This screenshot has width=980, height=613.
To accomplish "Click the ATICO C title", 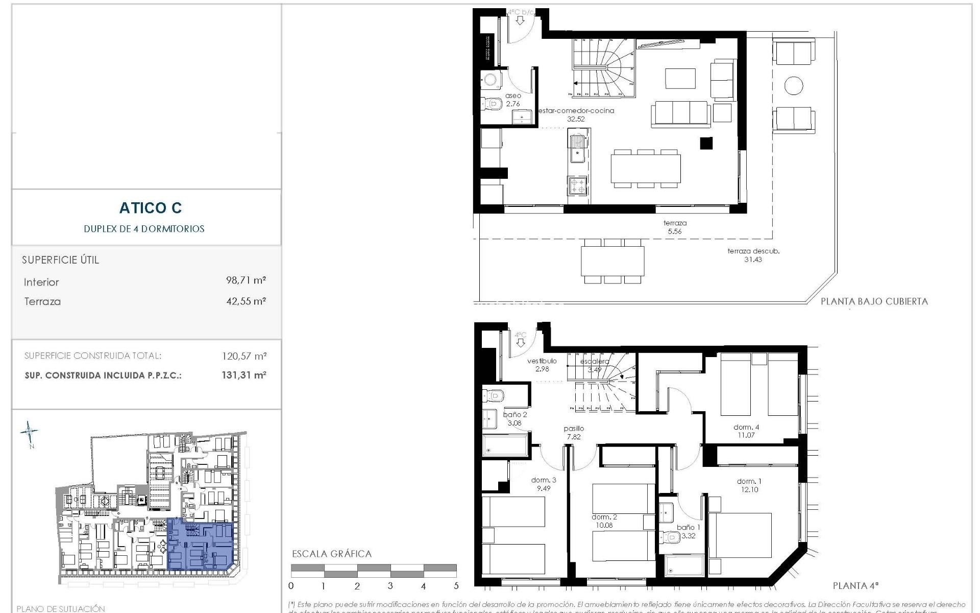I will click(150, 208).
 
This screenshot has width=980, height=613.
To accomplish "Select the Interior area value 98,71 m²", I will click(246, 280).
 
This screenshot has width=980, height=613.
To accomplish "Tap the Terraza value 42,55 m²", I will click(246, 301).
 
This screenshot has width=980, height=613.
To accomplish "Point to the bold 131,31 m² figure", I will click(244, 375).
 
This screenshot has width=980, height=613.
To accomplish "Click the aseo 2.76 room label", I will click(513, 100).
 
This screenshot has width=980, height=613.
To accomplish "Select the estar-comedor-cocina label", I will click(576, 111).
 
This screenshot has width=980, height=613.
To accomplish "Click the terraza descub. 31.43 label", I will click(753, 255).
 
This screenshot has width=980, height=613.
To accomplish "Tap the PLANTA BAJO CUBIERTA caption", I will click(874, 301).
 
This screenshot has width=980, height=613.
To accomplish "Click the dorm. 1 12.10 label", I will click(749, 485).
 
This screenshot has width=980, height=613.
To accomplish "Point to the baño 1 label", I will click(688, 527).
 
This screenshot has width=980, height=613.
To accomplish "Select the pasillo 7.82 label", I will click(573, 432).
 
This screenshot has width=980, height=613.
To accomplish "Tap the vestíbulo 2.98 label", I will click(542, 364).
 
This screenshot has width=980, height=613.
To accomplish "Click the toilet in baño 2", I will click(494, 395).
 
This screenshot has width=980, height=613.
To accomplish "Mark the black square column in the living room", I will click(706, 144).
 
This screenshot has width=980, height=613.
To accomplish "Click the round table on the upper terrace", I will click(793, 85).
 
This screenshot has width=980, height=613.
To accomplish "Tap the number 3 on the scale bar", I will click(390, 586).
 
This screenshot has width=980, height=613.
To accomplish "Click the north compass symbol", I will click(29, 432).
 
